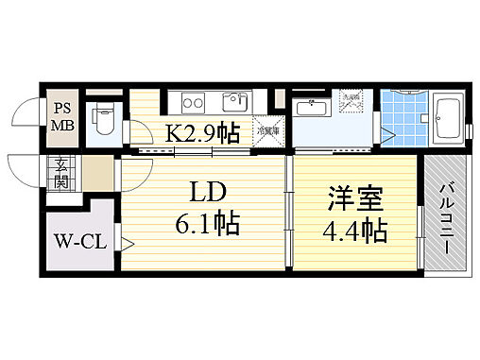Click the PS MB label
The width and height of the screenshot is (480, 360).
pos(62,116)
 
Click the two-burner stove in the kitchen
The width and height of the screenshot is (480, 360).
pos(188,102)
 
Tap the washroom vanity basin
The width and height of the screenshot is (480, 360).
pos(311,108)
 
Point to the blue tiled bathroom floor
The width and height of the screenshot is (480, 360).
pos(403,123)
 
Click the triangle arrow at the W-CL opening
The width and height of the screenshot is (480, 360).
pos(125,242)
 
